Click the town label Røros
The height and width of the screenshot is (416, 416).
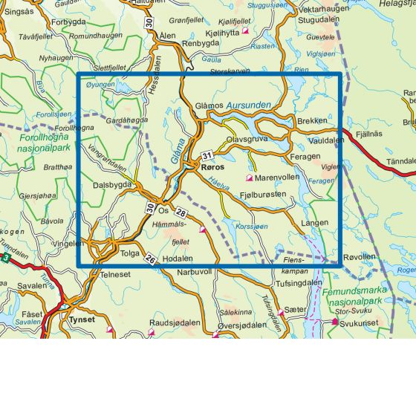[212, 168]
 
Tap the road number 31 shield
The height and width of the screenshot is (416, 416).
[207, 155]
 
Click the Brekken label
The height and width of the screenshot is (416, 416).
[311, 121]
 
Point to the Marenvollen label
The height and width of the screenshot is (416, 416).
[277, 178]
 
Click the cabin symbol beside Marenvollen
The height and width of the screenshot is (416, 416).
[250, 178]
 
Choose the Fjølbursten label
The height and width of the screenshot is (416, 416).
[263, 194]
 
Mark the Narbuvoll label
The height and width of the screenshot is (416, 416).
[195, 272]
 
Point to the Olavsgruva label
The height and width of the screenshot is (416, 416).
[247, 138]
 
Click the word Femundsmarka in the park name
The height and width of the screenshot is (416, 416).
[351, 293]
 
